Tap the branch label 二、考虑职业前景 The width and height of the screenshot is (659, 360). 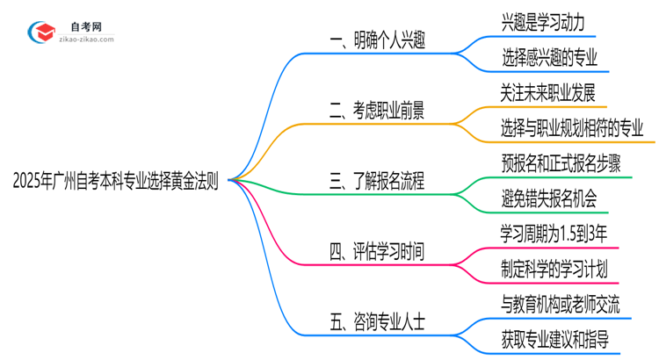pyautogui.click(x=380, y=111)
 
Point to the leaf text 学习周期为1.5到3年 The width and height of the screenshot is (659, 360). pyautogui.click(x=554, y=234)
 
